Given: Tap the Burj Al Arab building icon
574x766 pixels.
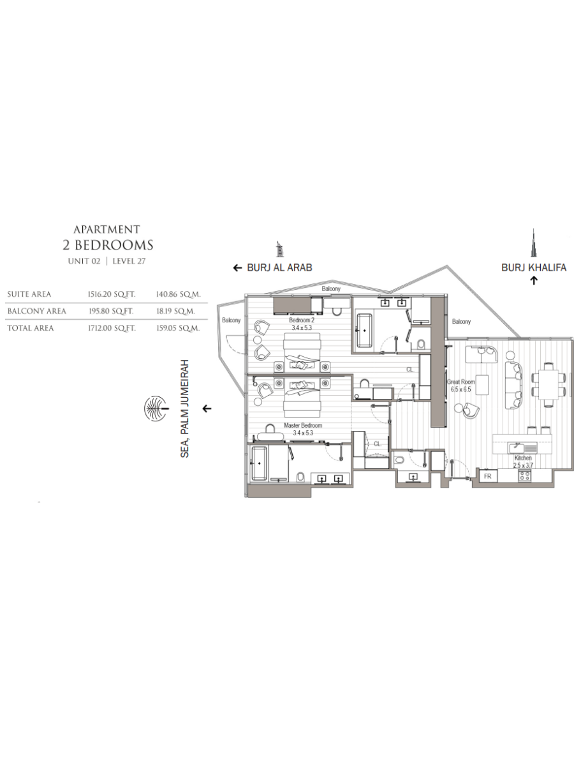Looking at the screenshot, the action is click(279, 250).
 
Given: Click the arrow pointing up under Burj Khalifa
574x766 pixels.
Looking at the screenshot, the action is click(534, 280).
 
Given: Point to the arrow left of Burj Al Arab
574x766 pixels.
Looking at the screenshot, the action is click(237, 268).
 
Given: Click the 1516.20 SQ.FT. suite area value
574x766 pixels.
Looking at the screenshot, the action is click(111, 294).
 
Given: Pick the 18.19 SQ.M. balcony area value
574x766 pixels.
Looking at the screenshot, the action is click(175, 311).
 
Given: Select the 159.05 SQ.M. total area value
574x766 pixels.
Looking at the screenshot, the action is click(178, 328).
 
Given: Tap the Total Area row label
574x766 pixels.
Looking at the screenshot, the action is click(31, 328).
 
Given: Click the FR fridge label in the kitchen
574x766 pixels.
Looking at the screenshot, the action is click(487, 476).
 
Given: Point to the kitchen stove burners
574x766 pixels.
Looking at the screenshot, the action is click(525, 475).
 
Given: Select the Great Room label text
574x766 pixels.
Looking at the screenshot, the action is click(460, 382).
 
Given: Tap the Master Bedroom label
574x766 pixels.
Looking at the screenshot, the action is click(302, 425).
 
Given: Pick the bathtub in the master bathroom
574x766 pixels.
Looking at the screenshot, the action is click(259, 463).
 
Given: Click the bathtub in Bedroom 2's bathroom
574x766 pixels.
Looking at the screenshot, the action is click(365, 330).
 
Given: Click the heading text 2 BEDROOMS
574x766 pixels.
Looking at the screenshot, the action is click(108, 245).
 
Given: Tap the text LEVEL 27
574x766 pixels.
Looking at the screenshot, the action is click(129, 261).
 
